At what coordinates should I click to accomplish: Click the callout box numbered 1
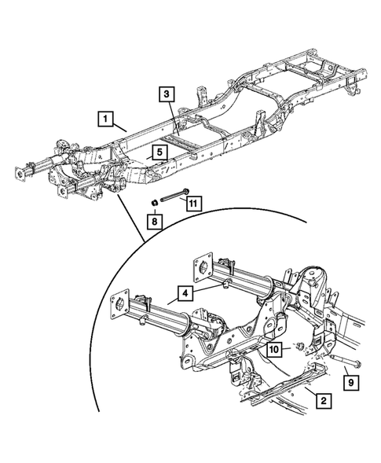104,119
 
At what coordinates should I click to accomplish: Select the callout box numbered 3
166,94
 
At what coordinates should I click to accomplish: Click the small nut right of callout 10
299,347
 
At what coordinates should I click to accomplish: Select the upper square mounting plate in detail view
203,266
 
